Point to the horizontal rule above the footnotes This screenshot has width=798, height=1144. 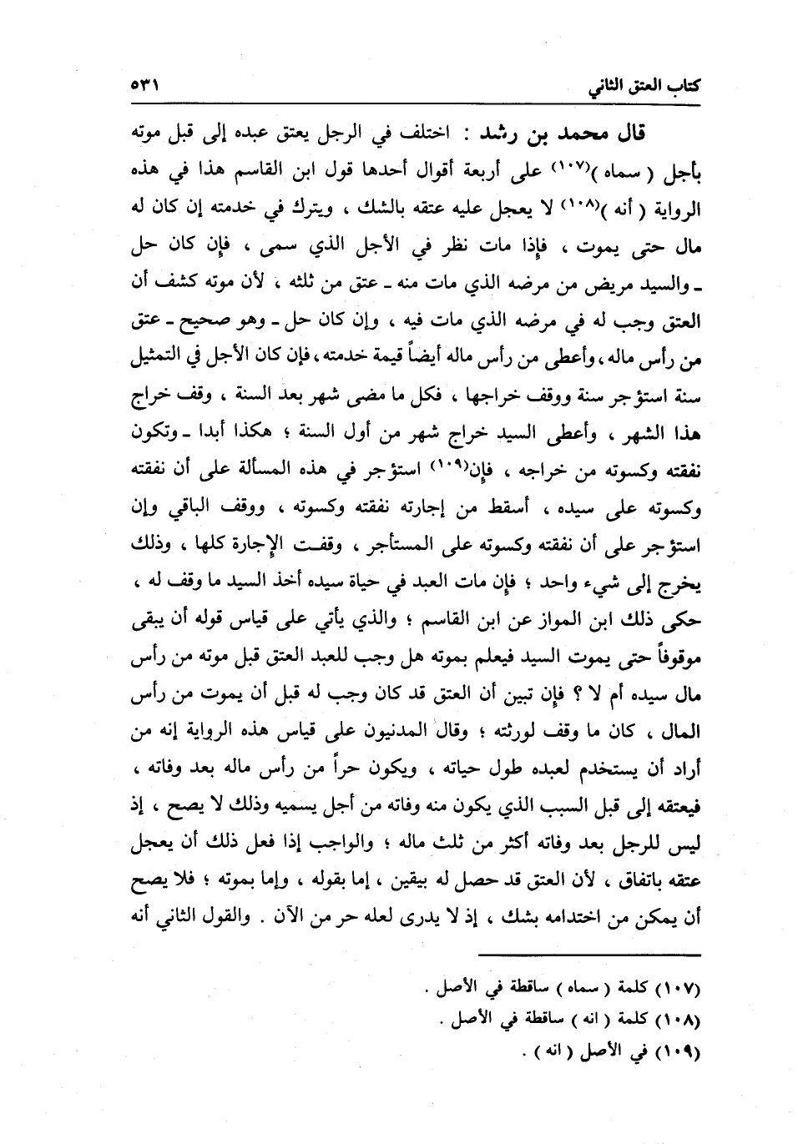(589, 956)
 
